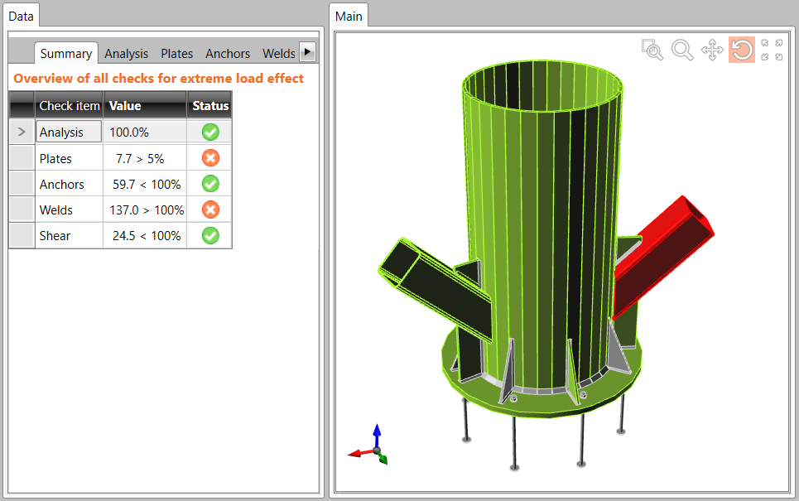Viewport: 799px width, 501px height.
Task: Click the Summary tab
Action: pos(65,54)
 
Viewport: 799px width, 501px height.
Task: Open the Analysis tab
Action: pos(126,54)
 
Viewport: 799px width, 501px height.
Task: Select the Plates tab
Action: pos(176,54)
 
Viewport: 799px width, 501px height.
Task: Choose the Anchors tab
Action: pos(228,54)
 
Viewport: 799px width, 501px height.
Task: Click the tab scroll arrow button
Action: pos(307,52)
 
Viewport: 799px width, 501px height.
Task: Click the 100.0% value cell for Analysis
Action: pos(144,132)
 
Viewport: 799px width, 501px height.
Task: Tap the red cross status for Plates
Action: pos(210,158)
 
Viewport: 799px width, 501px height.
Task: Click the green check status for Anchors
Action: pos(210,184)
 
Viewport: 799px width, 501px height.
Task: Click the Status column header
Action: pos(209,106)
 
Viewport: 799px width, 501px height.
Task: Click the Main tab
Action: pos(349,16)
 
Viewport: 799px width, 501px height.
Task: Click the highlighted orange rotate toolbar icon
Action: pos(741,51)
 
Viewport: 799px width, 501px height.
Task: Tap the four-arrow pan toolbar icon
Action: pos(712,51)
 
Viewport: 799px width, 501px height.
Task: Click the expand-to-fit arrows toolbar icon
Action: pos(772,51)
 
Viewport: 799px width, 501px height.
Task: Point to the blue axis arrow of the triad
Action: pos(377,433)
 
